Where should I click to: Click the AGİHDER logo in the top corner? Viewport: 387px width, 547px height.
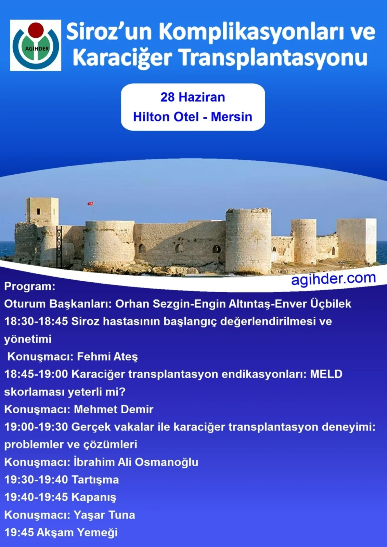point(36,45)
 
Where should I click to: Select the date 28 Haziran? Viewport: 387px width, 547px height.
point(193,97)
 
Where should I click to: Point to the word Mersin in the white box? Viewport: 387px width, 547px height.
point(231,117)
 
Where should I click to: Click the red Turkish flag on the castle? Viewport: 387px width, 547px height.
point(91,203)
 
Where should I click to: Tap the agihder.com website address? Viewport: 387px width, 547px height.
point(333,279)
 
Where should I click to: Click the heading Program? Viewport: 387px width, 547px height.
point(30,286)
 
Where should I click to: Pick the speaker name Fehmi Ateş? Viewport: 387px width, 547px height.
point(107,357)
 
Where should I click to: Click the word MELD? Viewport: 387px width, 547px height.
point(326,374)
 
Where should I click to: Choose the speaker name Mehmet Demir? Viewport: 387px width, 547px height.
point(114,409)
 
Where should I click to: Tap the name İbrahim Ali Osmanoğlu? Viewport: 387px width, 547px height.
point(136,462)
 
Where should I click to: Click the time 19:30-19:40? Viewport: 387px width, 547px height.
point(36,480)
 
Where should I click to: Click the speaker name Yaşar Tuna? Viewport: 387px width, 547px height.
point(104,515)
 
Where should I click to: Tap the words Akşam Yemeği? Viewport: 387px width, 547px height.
point(77,533)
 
